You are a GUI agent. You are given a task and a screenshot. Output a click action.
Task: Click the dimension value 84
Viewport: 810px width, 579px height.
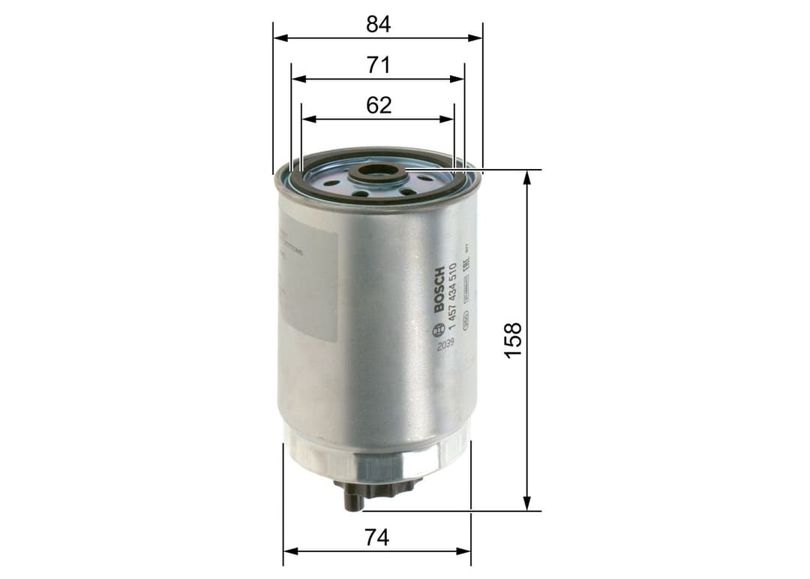379,24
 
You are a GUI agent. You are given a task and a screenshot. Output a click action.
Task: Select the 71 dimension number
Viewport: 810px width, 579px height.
379,65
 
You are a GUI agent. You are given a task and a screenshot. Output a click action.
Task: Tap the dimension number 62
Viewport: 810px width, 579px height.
379,105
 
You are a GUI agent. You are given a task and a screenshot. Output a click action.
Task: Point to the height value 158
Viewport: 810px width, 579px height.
513,339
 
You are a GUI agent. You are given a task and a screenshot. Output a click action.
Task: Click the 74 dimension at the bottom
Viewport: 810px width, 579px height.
378,538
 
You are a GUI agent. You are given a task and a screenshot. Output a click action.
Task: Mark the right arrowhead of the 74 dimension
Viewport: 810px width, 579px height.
466,551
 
